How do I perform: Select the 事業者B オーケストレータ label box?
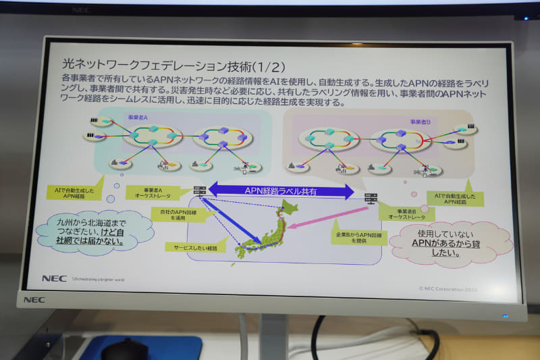(406, 213)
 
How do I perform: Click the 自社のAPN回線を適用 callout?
(179, 216)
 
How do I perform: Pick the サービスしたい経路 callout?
(191, 248)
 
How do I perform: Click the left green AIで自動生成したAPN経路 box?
(76, 192)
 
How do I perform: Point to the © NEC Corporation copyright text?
(451, 288)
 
